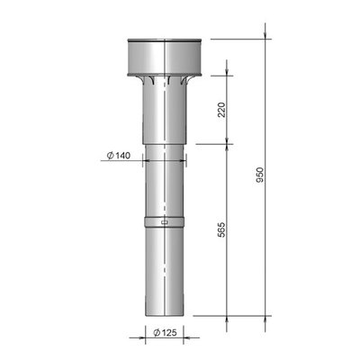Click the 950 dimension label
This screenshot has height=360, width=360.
(260, 175)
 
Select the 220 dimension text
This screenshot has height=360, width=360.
(221, 110)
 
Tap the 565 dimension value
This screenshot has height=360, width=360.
(221, 230)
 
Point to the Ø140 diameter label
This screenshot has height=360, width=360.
(119, 156)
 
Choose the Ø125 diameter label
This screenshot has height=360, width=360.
(165, 332)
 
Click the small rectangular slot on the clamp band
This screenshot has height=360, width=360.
(165, 222)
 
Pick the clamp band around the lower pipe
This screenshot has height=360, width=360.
(165, 222)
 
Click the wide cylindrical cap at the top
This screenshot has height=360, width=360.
(165, 57)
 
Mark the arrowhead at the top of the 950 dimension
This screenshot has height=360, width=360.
(265, 35)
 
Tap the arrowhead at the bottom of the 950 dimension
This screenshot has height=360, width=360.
(265, 319)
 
